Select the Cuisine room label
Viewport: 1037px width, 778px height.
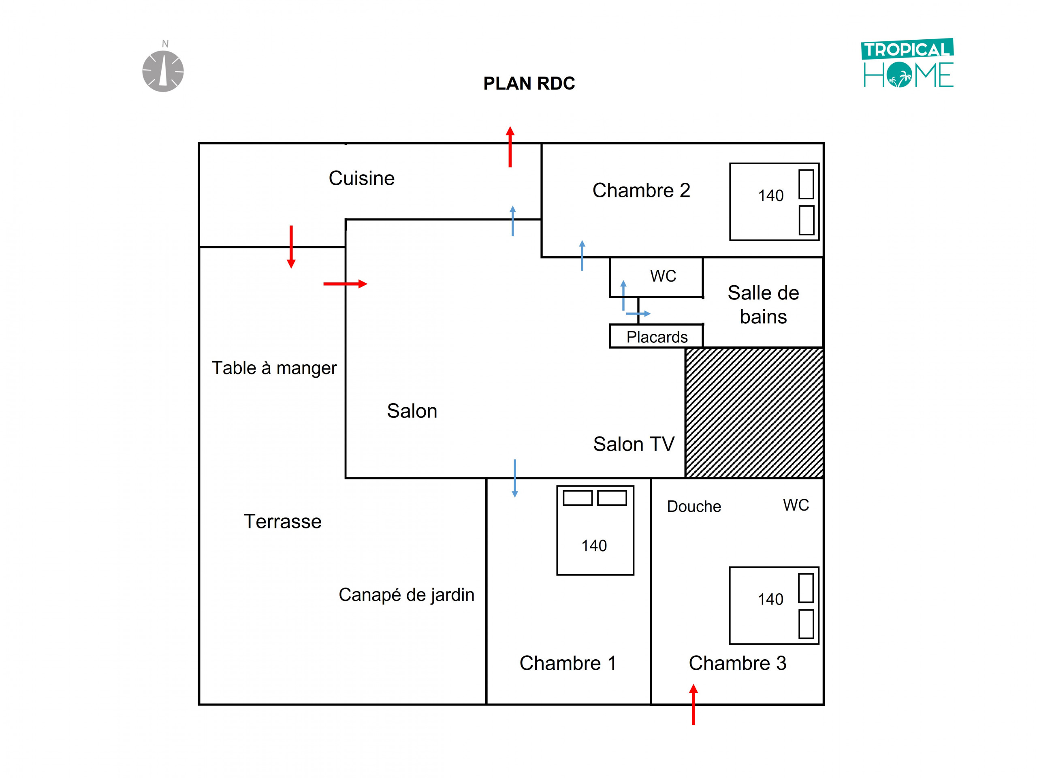(x=361, y=178)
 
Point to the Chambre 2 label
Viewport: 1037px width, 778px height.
(x=641, y=190)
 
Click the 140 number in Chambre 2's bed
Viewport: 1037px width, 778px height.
(x=771, y=196)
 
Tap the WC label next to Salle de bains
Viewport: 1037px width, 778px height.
(x=663, y=276)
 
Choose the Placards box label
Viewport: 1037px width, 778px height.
(x=657, y=337)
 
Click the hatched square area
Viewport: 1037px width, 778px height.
(x=754, y=413)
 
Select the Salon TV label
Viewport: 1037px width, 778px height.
(x=634, y=444)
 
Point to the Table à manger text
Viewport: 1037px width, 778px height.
(x=274, y=368)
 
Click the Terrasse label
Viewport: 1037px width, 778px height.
(x=282, y=522)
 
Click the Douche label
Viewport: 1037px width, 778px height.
(x=694, y=507)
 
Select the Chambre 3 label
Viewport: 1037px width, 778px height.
(x=737, y=663)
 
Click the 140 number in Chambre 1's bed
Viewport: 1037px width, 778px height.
(x=594, y=546)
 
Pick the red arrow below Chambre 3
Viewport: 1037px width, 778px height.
(x=693, y=704)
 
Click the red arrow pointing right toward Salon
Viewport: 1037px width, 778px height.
(x=346, y=284)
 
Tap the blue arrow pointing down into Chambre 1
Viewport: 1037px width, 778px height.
(x=515, y=478)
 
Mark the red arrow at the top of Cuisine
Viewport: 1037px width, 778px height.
(x=510, y=147)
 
